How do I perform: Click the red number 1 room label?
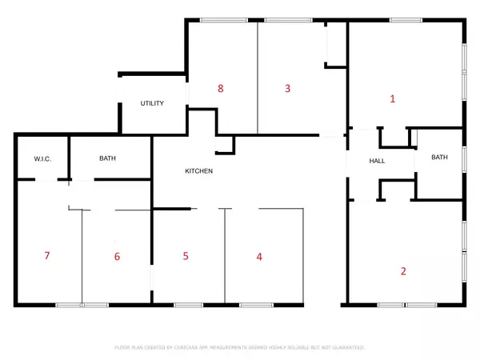pyautogui.click(x=392, y=99)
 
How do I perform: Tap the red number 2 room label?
pyautogui.click(x=403, y=271)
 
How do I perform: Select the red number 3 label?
pyautogui.click(x=287, y=88)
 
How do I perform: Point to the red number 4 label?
pyautogui.click(x=258, y=257)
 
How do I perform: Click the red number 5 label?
pyautogui.click(x=186, y=257)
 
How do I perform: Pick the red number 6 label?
pyautogui.click(x=117, y=257)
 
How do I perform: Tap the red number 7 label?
pyautogui.click(x=47, y=256)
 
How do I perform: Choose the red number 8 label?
pyautogui.click(x=220, y=88)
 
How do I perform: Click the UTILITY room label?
pyautogui.click(x=153, y=104)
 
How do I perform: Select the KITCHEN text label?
pyautogui.click(x=199, y=171)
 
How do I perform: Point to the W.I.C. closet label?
pyautogui.click(x=42, y=159)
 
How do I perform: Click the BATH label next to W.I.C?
pyautogui.click(x=108, y=159)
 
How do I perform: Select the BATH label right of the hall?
pyautogui.click(x=440, y=157)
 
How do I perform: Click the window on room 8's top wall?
pyautogui.click(x=212, y=20)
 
